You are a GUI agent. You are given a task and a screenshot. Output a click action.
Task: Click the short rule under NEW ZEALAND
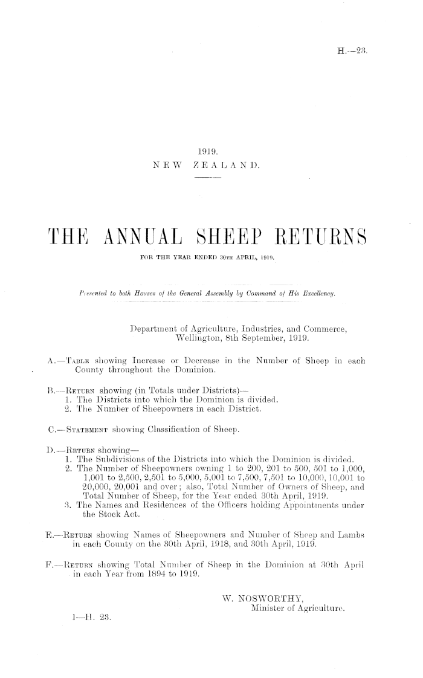pos(208,178)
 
